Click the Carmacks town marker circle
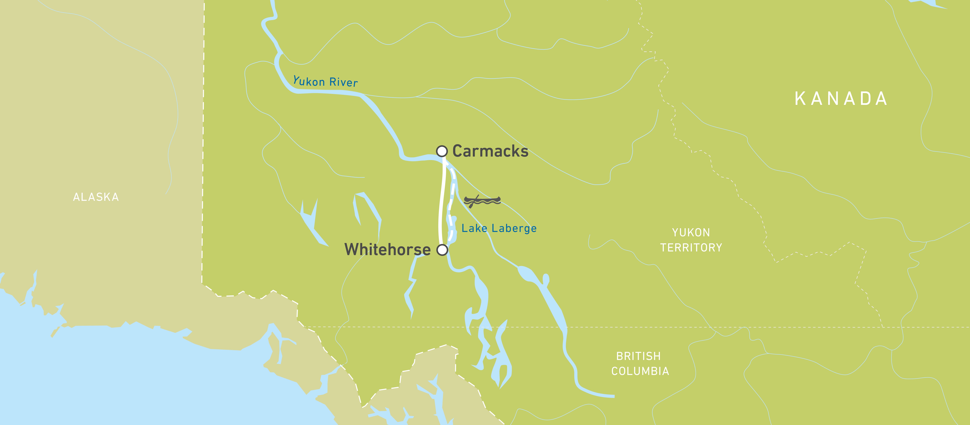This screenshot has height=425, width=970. click(442, 151)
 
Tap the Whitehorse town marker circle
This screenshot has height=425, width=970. click(442, 250)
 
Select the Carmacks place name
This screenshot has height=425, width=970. click(490, 151)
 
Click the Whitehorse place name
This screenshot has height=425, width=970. click(387, 249)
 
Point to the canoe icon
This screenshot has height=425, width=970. click(482, 201)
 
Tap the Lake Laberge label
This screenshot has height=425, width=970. click(499, 228)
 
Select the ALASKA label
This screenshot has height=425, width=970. click(96, 197)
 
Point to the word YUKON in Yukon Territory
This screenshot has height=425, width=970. click(691, 232)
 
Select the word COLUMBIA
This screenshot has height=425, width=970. click(640, 371)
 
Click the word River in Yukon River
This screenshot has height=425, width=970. click(343, 82)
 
